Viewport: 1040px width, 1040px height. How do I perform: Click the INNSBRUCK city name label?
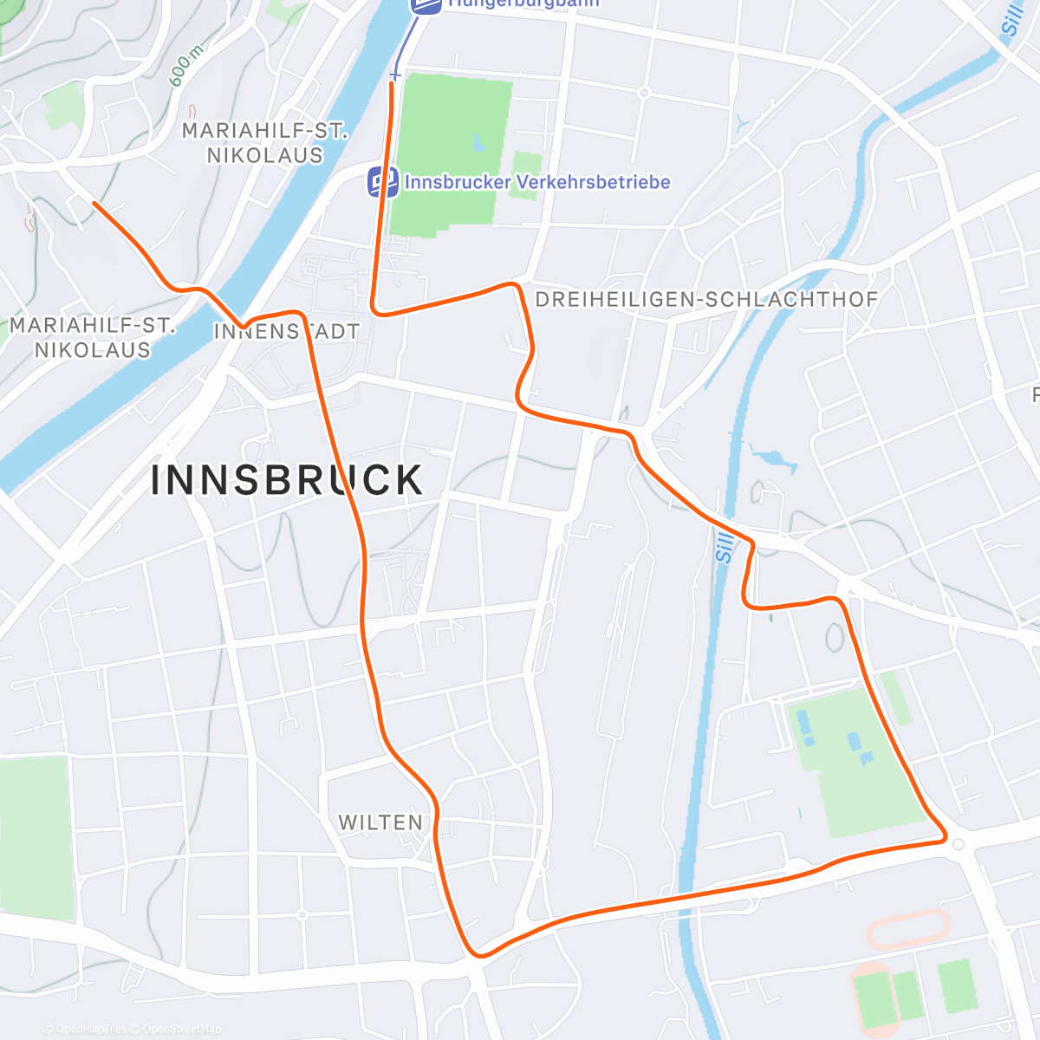287,480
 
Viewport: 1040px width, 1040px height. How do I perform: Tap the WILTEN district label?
380,822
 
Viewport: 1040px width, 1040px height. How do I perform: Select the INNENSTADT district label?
286,331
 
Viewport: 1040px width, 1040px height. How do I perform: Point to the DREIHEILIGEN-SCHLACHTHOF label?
706,300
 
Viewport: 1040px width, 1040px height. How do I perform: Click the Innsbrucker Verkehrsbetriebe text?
537,182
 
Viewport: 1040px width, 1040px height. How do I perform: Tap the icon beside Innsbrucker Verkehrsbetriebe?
383,182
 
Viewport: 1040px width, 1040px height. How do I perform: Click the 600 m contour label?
186,66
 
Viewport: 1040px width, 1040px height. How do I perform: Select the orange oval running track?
907,929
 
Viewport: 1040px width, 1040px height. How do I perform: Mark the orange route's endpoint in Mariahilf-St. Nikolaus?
94,205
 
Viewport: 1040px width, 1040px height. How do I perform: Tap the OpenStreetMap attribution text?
182,1029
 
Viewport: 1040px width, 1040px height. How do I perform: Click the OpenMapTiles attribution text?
91,1029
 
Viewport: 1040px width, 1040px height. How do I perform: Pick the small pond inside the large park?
478,143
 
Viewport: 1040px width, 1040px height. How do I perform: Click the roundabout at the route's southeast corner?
958,843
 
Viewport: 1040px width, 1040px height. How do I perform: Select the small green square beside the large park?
526,173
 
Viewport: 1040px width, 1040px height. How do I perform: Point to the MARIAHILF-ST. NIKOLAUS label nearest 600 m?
264,143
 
